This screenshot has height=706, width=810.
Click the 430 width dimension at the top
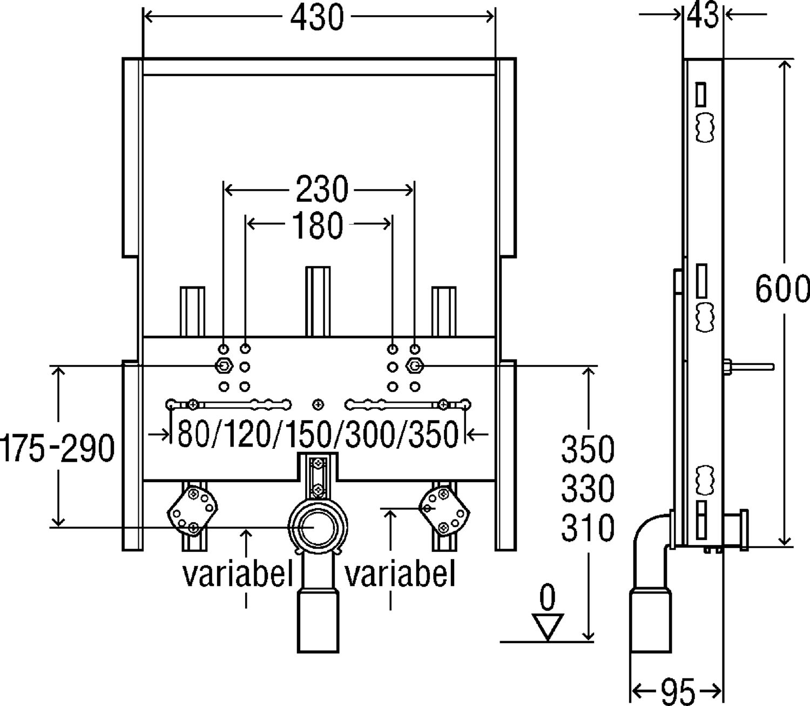pos(317,18)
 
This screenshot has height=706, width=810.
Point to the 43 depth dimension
pos(703,15)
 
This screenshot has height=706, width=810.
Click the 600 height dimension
pos(782,289)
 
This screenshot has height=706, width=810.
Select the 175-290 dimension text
pos(58,448)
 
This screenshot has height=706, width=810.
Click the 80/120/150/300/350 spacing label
pos(318,434)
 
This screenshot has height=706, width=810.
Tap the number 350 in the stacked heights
pos(588,449)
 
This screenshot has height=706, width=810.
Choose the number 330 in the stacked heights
pos(588,488)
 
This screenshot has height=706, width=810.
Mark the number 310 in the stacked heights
pos(588,527)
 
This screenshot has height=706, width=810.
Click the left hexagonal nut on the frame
pos(223,366)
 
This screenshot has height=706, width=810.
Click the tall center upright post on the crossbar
pos(318,301)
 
